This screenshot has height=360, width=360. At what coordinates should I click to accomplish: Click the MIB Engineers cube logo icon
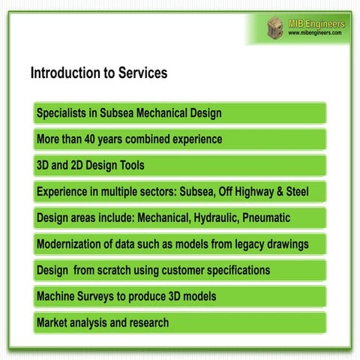tap(276, 28)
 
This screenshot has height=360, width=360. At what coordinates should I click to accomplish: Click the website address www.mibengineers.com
tap(315, 33)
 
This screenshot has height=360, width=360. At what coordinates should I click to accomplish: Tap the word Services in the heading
tap(140, 73)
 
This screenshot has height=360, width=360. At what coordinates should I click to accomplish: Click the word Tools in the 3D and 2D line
tap(130, 165)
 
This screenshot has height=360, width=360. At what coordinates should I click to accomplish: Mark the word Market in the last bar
tap(55, 322)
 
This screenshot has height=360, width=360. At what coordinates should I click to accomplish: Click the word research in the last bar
tap(145, 322)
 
